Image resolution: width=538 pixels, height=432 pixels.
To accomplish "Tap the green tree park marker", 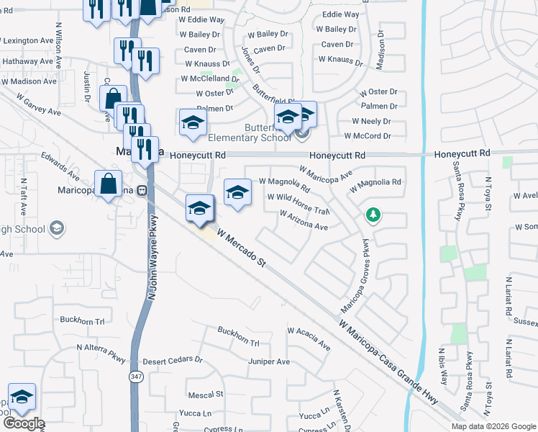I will [x=373, y=215].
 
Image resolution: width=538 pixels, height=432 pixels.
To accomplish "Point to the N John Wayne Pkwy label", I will [x=152, y=256].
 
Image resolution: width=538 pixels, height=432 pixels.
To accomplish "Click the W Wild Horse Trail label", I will [x=298, y=203].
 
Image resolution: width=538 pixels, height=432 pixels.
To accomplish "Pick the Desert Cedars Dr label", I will [x=173, y=360].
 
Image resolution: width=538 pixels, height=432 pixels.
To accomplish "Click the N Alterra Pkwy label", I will [x=101, y=352].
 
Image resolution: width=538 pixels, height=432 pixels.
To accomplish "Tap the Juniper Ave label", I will [x=269, y=361].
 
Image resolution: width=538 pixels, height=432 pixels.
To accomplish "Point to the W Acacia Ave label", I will [x=309, y=338].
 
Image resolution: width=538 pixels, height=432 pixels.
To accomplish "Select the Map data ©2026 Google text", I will [x=493, y=426].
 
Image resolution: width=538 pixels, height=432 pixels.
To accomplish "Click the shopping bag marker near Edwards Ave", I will [x=108, y=184].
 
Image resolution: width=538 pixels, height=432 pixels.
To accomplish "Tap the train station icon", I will [x=142, y=192].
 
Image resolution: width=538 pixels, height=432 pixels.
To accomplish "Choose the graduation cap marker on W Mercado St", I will [x=199, y=208].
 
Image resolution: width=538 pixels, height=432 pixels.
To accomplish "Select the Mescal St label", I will [x=206, y=395].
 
